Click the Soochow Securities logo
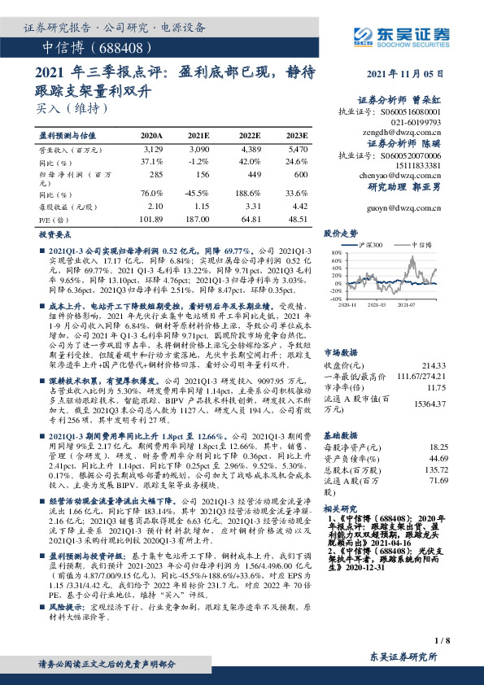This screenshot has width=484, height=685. [398, 35]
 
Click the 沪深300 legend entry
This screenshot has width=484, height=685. [368, 243]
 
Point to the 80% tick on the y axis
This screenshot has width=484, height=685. [334, 253]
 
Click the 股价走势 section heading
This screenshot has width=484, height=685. [340, 233]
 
